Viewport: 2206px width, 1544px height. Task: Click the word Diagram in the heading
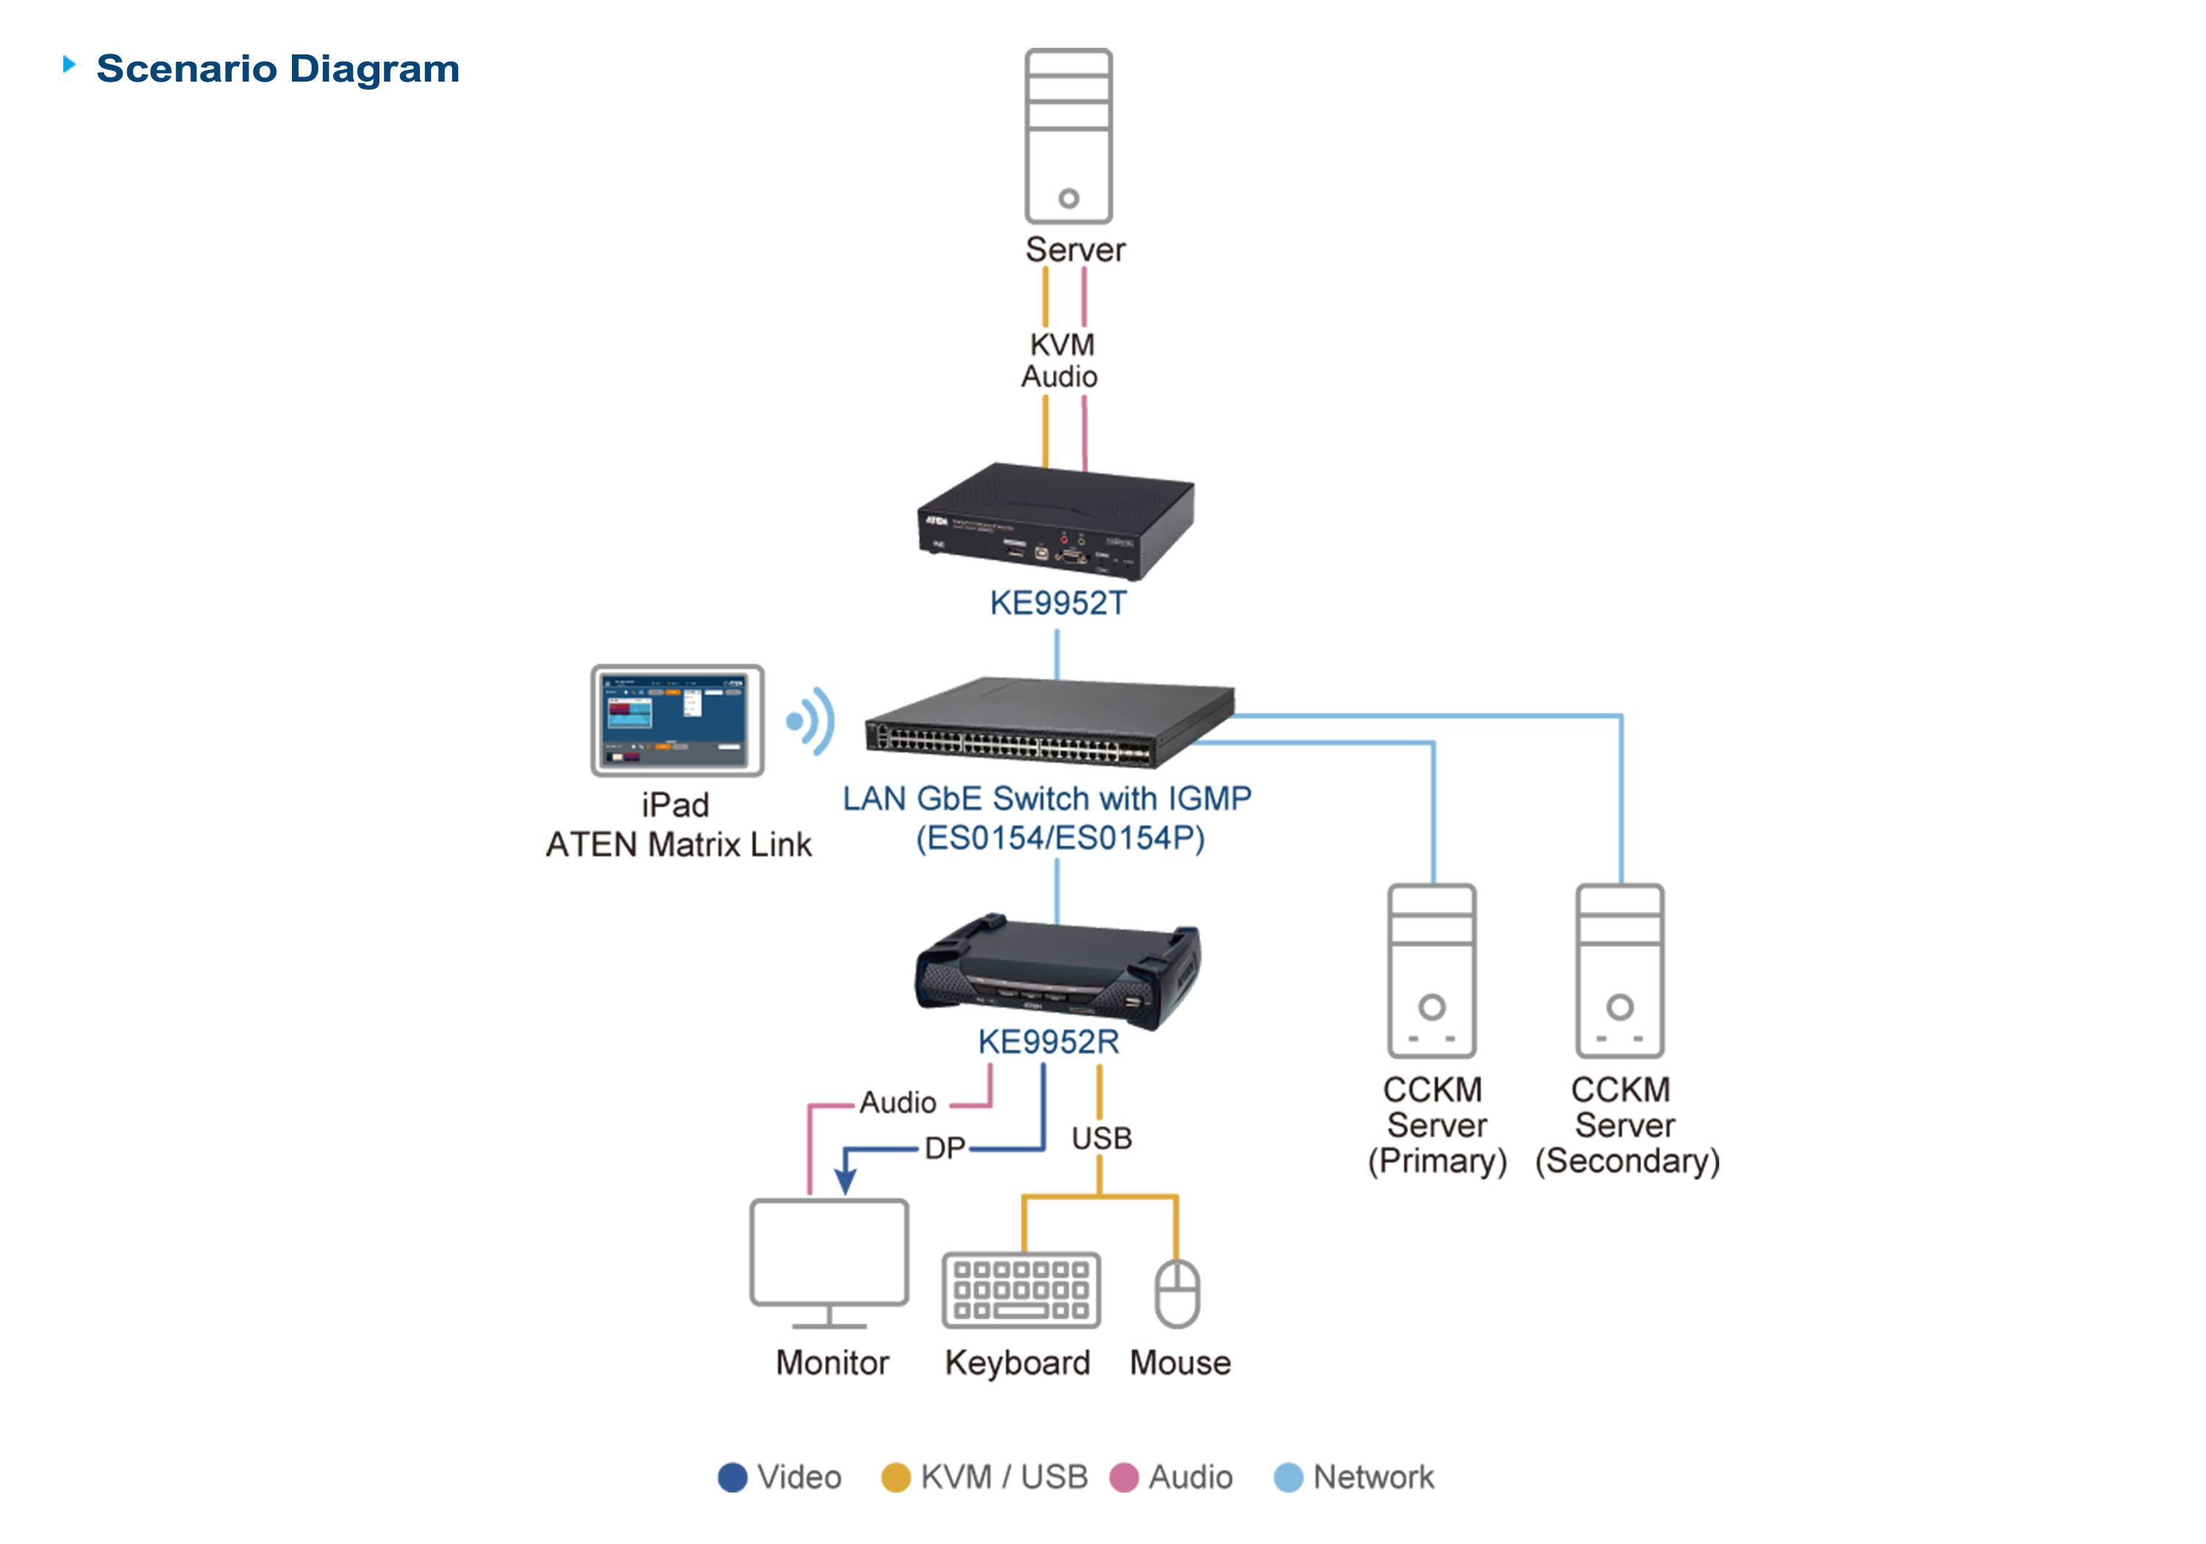tap(375, 69)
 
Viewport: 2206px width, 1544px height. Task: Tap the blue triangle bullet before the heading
tap(72, 65)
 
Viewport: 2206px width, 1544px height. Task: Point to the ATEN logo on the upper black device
tap(936, 521)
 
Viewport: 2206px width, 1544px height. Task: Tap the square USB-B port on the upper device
tap(1041, 552)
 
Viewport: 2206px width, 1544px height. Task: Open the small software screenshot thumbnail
tap(673, 721)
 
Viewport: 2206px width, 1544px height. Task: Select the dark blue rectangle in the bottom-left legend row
tap(649, 1441)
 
